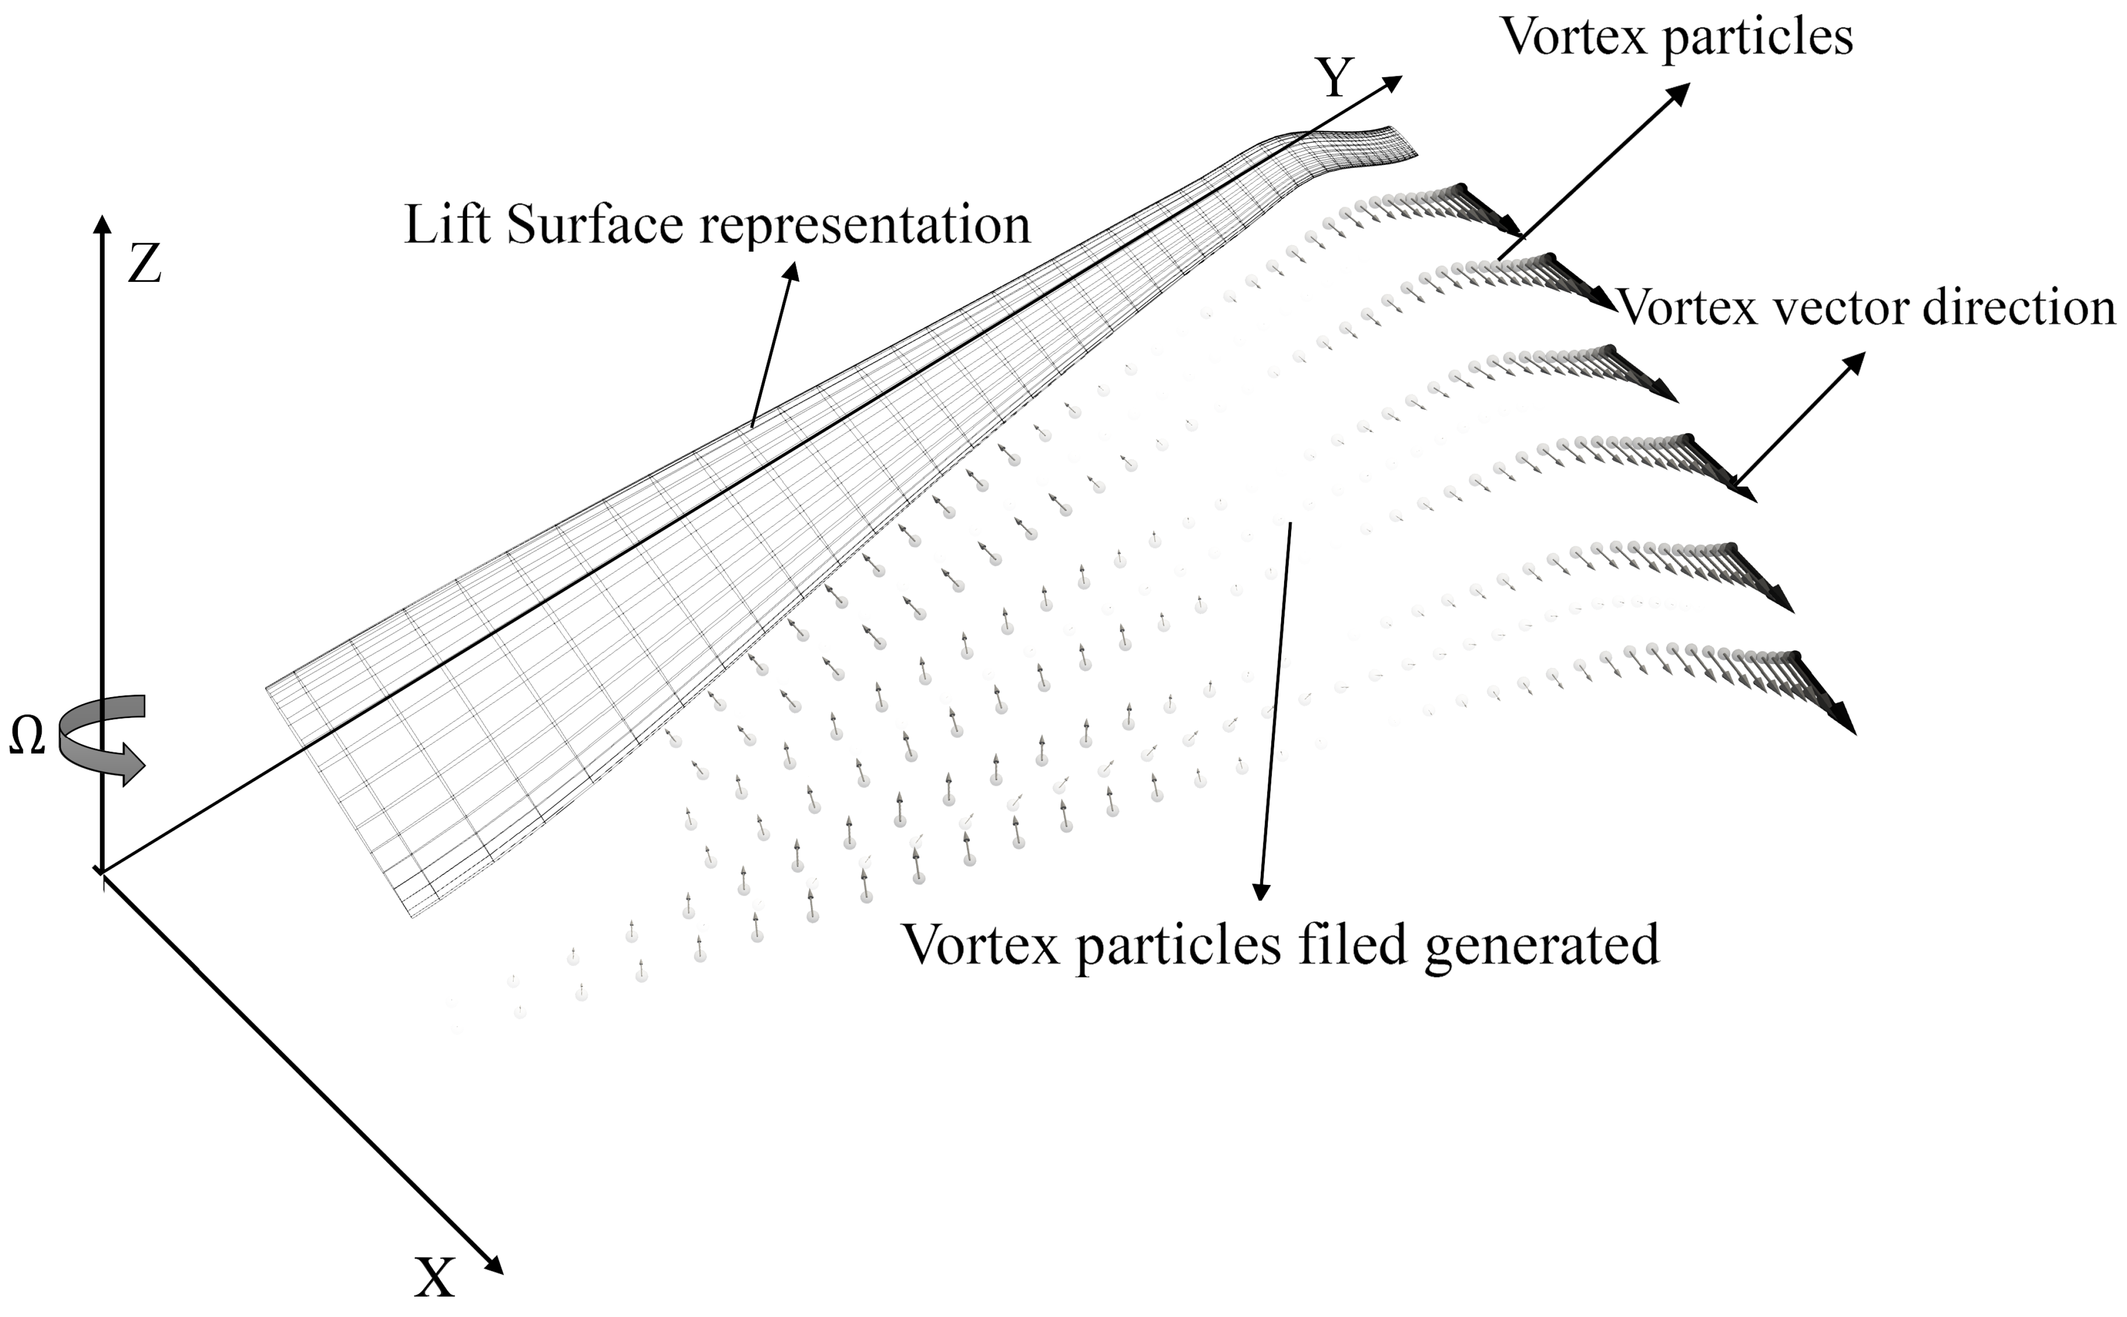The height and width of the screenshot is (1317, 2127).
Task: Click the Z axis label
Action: (x=145, y=264)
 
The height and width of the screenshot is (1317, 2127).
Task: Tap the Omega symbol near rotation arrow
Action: (x=26, y=738)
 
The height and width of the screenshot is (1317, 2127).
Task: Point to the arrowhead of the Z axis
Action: (x=103, y=224)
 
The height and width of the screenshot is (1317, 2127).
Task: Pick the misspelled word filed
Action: (x=1353, y=944)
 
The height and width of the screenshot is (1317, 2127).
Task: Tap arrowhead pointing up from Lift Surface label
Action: (x=792, y=273)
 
